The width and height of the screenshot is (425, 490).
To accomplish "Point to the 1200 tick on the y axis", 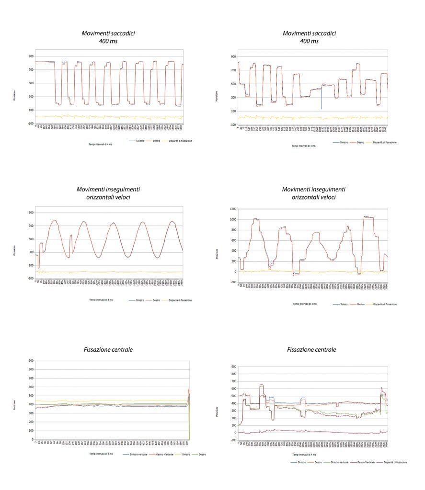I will (232, 209).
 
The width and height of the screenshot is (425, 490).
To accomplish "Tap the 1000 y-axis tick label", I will (232, 220).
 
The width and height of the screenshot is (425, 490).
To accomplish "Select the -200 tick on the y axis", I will (232, 282).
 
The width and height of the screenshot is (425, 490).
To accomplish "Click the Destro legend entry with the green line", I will (201, 454).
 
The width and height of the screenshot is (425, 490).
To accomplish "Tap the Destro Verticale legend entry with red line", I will (163, 454).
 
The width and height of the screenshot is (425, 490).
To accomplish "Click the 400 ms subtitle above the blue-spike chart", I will (309, 42).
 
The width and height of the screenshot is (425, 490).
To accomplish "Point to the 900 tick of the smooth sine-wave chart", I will (31, 212).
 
